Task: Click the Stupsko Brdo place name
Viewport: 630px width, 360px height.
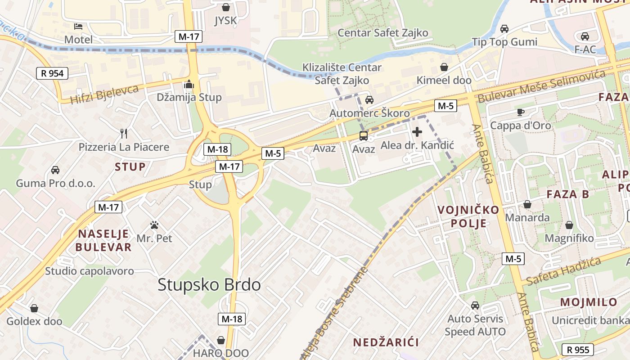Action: click(209, 285)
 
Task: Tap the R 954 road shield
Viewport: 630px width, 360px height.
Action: click(52, 73)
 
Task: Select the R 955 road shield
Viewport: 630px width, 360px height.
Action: click(578, 350)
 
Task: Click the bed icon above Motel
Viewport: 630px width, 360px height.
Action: click(78, 26)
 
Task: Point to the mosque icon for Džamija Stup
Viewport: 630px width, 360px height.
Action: click(189, 84)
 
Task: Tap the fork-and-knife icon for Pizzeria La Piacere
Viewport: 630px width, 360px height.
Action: click(124, 133)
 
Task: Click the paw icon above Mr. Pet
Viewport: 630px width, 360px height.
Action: click(154, 225)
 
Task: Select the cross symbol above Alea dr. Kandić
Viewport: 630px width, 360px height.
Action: click(417, 132)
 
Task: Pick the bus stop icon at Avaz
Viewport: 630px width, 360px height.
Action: click(363, 135)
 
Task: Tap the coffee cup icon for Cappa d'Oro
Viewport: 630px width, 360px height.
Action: click(521, 112)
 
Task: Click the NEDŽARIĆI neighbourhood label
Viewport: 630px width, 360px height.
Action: click(386, 342)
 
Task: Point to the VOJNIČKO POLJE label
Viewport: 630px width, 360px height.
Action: click(462, 216)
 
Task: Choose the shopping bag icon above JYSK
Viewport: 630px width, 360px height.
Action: click(226, 7)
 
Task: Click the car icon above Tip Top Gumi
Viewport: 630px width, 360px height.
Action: click(504, 29)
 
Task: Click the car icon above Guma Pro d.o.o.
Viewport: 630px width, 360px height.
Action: click(55, 170)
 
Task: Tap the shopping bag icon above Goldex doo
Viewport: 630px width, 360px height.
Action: click(34, 308)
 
